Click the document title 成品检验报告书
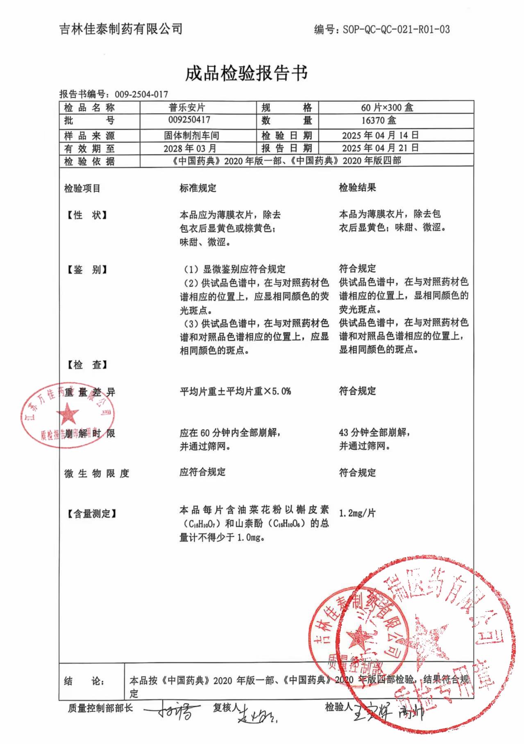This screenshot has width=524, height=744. tap(246, 74)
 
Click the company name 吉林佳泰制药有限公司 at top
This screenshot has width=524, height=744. tap(121, 29)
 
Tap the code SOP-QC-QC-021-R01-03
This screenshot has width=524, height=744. tap(396, 29)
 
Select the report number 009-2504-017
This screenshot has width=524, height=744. tap(141, 94)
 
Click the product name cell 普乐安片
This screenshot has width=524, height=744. tap(187, 108)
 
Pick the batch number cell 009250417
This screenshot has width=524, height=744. tap(189, 120)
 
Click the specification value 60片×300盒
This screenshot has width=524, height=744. tap(387, 108)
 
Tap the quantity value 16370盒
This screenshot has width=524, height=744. tap(379, 120)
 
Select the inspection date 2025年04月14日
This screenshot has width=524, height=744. tap(380, 135)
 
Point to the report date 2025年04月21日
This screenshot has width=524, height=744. tap(380, 148)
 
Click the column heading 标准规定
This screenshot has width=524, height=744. tap(198, 188)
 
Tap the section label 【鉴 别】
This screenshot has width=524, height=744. tap(86, 270)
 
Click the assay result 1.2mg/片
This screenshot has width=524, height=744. tap(357, 513)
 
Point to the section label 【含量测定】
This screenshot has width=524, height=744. tap(91, 514)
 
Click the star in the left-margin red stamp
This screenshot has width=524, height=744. tap(68, 414)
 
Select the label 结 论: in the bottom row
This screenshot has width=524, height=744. tap(84, 681)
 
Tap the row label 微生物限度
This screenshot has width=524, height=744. tap(97, 474)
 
